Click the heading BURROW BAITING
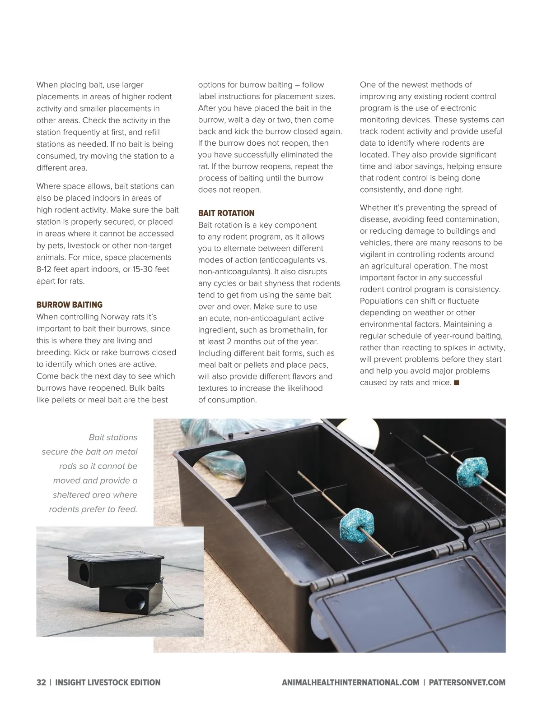pyautogui.click(x=70, y=305)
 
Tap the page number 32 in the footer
pyautogui.click(x=41, y=682)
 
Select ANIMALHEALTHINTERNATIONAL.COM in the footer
pyautogui.click(x=350, y=682)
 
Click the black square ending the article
pyautogui.click(x=456, y=383)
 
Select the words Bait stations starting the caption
pyautogui.click(x=113, y=437)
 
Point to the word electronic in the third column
pyautogui.click(x=458, y=108)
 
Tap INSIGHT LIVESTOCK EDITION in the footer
pyautogui.click(x=108, y=682)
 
